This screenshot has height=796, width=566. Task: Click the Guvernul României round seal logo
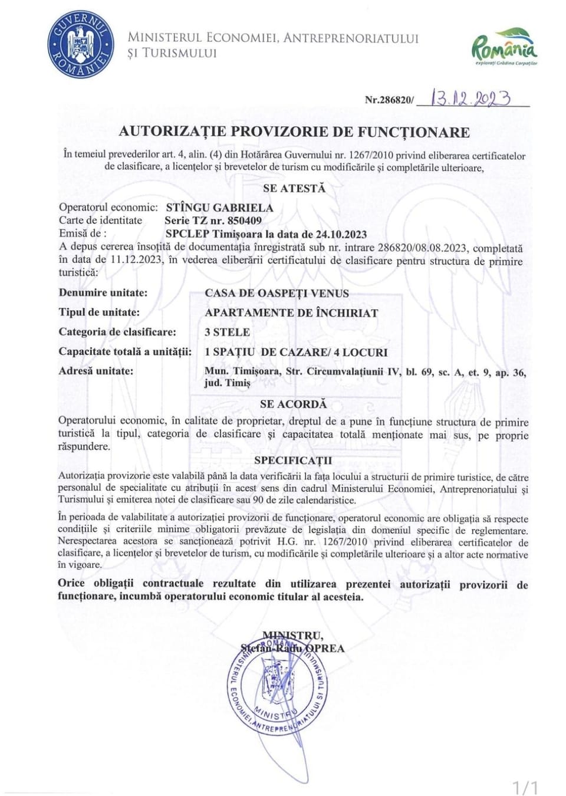point(81,45)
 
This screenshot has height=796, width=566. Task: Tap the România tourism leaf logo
point(505,45)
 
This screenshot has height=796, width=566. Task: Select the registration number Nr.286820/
point(389,100)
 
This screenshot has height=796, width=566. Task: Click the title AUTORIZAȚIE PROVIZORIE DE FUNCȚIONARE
point(294,131)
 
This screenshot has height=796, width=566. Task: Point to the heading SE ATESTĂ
point(294,189)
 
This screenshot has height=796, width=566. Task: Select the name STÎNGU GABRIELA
point(219,208)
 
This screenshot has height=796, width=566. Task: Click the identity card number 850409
point(245,221)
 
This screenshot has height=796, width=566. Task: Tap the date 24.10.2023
point(343,234)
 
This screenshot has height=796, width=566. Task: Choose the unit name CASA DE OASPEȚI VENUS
point(277,293)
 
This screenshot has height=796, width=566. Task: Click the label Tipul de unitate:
point(99,312)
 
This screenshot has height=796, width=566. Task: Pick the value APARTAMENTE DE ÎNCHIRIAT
point(291,313)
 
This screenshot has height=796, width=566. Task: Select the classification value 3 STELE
point(227,332)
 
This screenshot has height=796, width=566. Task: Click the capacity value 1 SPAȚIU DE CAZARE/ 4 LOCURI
point(296,352)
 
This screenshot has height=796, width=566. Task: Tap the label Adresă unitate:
point(96,371)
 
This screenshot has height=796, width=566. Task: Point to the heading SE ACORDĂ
point(293,404)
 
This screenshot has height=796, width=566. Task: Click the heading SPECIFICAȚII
point(293,460)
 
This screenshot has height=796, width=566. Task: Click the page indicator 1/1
point(524,787)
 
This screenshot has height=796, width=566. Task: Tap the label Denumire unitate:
point(103,292)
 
